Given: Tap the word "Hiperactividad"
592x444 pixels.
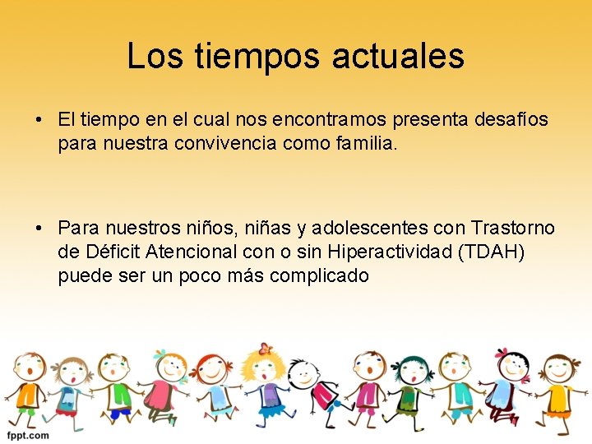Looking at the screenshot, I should click(377, 251).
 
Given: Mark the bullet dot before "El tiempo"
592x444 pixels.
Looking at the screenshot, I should click(39, 120).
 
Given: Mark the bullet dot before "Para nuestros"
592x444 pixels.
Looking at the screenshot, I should click(39, 228).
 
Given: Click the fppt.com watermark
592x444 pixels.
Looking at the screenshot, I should click(28, 435).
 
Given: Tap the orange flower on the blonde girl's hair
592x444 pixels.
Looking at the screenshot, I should click(264, 349).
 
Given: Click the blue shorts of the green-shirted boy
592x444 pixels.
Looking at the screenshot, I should click(122, 414).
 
